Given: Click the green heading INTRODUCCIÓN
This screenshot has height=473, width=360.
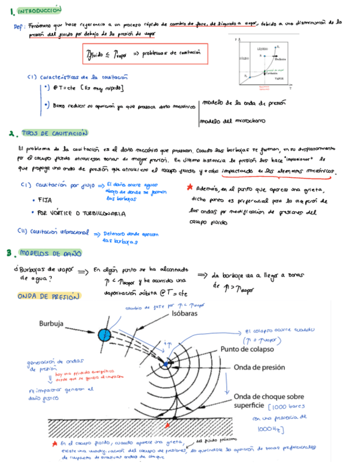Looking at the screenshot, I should [x=39, y=11].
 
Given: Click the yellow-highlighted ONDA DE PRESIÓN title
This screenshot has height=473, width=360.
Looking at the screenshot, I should [x=49, y=296].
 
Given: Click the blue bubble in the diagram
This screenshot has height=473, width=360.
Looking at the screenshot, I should [x=104, y=335].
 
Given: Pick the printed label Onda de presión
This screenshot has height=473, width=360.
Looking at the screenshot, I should [x=259, y=368].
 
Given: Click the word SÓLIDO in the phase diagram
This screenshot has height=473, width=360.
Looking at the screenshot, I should [x=243, y=58].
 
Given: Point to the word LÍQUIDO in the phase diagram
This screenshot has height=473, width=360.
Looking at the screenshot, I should [x=262, y=50].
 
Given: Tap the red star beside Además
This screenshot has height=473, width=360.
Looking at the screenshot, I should [x=190, y=189].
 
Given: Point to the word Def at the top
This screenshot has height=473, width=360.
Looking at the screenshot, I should [x=18, y=26].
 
